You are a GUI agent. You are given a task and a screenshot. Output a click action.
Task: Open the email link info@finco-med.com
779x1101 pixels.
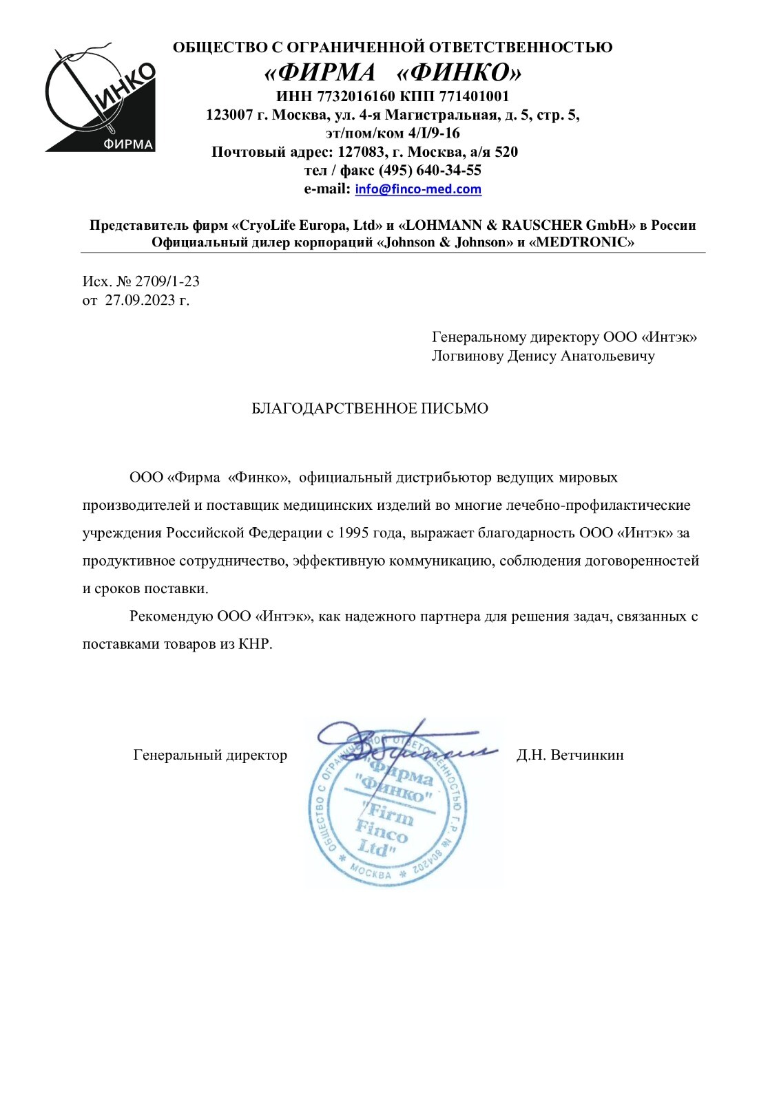[418, 189]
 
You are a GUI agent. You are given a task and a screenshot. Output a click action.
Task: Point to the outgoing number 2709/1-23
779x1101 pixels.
[167, 281]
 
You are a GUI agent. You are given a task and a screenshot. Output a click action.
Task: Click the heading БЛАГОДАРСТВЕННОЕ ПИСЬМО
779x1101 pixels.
[370, 409]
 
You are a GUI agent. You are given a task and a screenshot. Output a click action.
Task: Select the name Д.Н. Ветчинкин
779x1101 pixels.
[570, 755]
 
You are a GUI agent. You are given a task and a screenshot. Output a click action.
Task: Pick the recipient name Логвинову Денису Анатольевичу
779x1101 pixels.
[543, 356]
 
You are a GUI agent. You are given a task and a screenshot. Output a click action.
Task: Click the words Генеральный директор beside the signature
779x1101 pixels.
[210, 755]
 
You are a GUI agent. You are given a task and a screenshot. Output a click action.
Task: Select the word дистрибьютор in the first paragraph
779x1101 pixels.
[441, 477]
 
